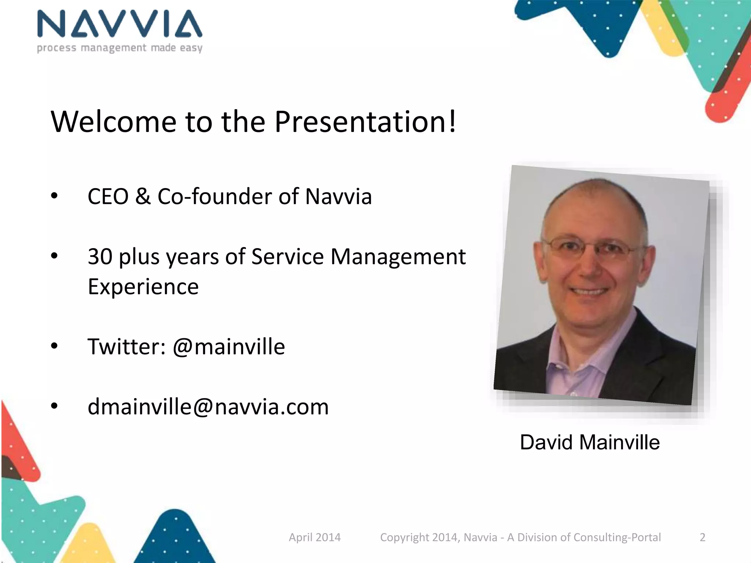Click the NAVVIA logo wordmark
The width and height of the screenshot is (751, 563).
tap(120, 24)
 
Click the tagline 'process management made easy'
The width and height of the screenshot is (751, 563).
tap(120, 48)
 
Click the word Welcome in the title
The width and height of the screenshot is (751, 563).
tap(114, 122)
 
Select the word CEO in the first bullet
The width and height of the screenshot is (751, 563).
tap(108, 196)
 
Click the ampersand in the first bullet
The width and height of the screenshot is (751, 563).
tap(143, 196)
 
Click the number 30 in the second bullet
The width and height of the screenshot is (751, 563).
tap(100, 257)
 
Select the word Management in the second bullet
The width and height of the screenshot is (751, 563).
tap(398, 257)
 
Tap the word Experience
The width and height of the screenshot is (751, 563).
tap(143, 287)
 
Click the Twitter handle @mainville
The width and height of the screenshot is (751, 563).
tap(229, 347)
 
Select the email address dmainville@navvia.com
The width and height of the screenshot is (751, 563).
tap(208, 407)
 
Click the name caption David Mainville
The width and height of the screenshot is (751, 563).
tap(590, 442)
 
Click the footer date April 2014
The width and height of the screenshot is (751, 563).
tap(315, 537)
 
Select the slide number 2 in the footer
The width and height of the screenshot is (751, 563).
tap(702, 537)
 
